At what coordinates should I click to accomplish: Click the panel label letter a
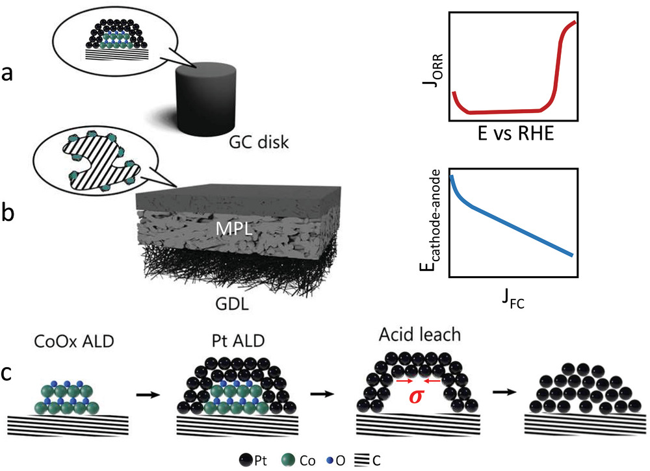pos(8,73)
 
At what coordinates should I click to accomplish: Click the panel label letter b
pos(8,214)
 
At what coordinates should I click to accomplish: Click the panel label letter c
pos(8,376)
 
